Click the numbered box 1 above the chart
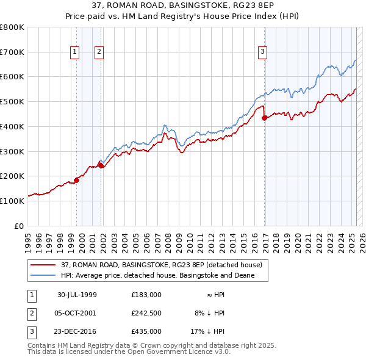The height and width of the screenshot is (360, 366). pos(74,52)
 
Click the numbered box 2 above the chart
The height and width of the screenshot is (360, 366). pos(98,52)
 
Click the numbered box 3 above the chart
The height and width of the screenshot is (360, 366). pos(262,52)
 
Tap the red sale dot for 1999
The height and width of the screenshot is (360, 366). pos(77,180)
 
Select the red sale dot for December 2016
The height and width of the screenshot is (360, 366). pos(265,118)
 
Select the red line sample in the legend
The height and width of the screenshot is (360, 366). pos(43,265)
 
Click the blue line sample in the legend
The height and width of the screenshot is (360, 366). pos(43,275)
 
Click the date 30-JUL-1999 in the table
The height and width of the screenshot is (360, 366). pos(77,294)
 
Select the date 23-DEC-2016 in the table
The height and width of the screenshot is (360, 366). pos(77,332)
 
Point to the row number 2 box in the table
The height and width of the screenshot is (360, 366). pos(31,313)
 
